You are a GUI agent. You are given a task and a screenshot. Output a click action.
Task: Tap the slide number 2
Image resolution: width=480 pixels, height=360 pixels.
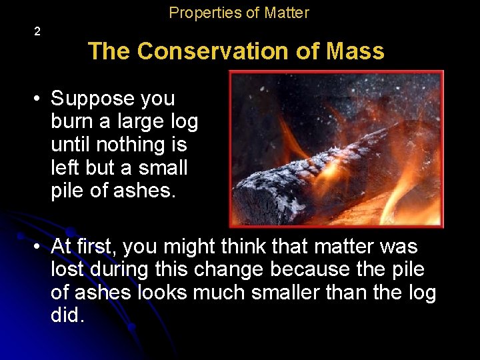37,31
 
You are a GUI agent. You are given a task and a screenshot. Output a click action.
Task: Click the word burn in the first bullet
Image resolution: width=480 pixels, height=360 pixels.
72,121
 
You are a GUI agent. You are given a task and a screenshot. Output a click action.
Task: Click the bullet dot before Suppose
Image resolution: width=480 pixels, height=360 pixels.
39,99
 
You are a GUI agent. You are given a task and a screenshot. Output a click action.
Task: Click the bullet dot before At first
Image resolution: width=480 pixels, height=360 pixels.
39,247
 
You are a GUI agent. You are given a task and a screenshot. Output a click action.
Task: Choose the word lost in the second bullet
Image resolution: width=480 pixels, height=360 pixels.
68,269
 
